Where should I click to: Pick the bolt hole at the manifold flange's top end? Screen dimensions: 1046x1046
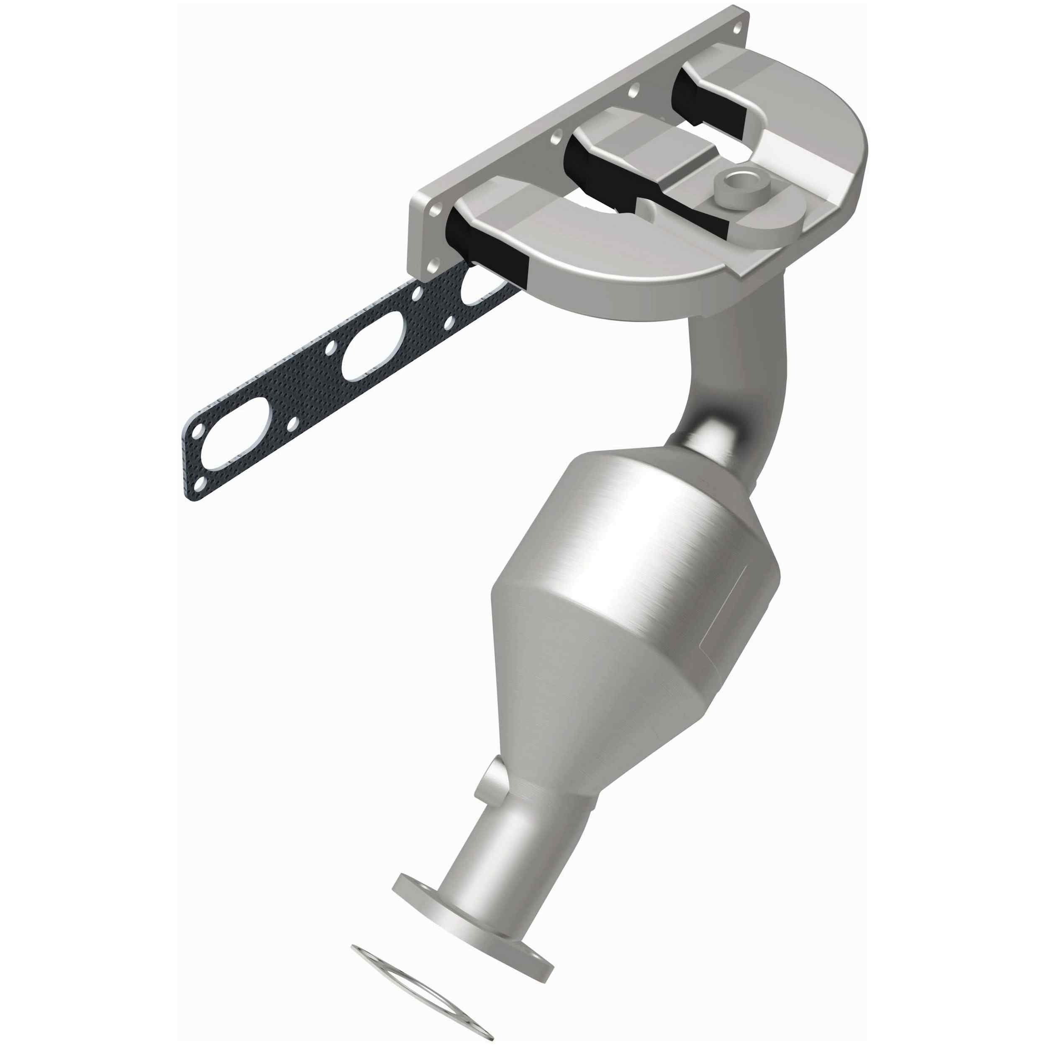pyautogui.click(x=736, y=26)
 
